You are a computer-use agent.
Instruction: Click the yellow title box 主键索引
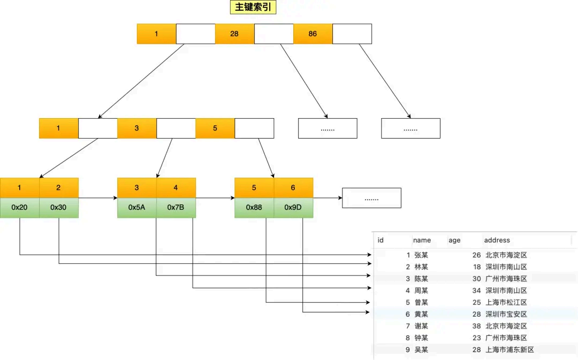point(253,7)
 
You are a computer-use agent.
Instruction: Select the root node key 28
point(234,34)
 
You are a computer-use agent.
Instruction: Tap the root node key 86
point(313,34)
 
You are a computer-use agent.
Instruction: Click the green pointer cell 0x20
point(19,208)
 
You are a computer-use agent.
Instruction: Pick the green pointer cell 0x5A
point(136,208)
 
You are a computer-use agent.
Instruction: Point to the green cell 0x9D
point(293,208)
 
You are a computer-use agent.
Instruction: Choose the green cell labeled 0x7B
point(176,208)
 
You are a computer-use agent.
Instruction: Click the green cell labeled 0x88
point(254,208)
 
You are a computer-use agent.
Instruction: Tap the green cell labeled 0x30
point(58,208)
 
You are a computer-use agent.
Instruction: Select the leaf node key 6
point(293,188)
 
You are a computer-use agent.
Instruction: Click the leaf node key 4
point(176,188)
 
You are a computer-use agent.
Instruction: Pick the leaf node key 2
point(58,188)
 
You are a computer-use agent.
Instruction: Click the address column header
point(497,240)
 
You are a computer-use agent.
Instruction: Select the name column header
point(422,240)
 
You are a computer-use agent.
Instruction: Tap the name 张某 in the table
point(421,255)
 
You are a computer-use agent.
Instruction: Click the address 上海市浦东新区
point(509,349)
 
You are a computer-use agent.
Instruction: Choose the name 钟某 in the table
point(421,338)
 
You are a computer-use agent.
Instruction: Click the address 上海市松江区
point(506,302)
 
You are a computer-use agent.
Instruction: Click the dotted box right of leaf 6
point(371,198)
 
